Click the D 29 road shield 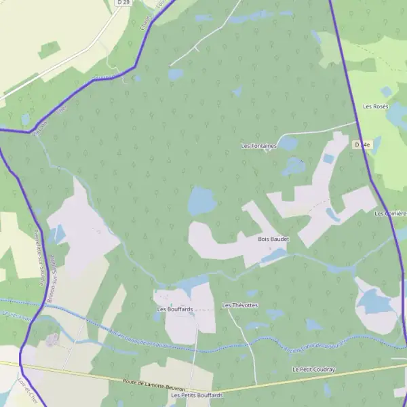pos(123,3)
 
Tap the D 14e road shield pos(362,144)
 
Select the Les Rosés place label pos(375,106)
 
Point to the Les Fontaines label pos(259,146)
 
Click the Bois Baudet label pos(273,239)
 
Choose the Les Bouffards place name pos(175,309)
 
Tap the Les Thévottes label pos(240,305)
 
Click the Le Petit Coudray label pos(314,369)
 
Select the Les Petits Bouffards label pos(197,395)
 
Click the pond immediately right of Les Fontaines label pos(288,143)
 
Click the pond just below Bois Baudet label pos(274,256)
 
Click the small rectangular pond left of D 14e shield pos(329,159)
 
